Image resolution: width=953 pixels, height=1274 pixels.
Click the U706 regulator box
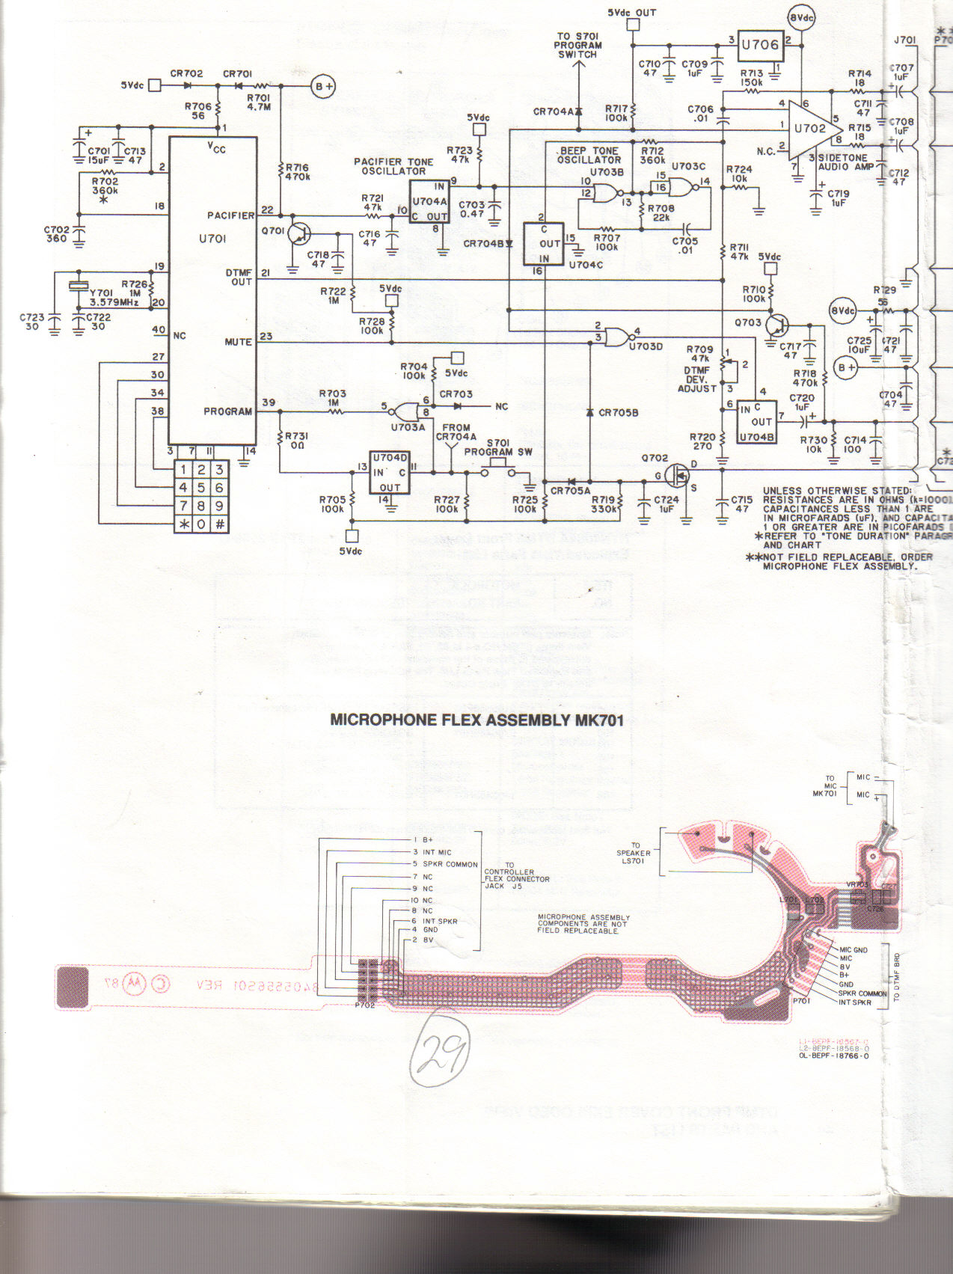pos(761,46)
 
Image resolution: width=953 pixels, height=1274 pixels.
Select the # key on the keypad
pos(220,524)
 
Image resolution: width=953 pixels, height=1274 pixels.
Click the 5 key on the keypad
pos(201,488)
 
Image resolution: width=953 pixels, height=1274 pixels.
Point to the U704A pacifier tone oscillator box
pos(429,201)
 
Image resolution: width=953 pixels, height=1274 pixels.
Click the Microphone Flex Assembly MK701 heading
pos(476,721)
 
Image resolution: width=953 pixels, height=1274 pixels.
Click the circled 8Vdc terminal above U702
pos(801,16)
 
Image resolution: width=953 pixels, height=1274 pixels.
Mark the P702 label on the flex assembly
pos(365,1005)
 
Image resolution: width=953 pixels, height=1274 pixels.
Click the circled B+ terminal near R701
pos(323,87)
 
